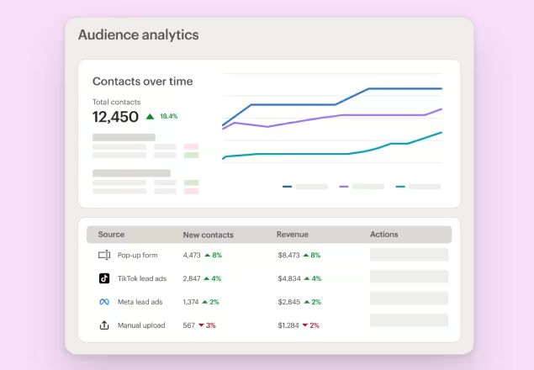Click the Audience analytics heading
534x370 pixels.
138,35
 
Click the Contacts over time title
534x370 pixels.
142,82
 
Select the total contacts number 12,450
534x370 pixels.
115,117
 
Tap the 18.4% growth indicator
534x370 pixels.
163,117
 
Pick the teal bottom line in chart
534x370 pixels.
294,154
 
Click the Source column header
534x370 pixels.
111,235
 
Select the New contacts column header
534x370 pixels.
208,235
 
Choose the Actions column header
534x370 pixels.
383,235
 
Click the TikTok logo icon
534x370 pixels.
104,278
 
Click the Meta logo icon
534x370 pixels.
104,302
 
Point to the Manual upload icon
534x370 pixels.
104,325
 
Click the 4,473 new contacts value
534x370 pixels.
192,255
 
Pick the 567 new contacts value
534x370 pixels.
189,325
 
